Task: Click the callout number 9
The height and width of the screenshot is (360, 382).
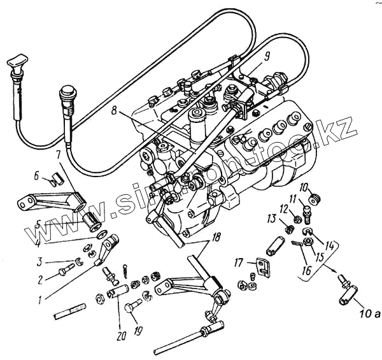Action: pyautogui.click(x=267, y=55)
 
